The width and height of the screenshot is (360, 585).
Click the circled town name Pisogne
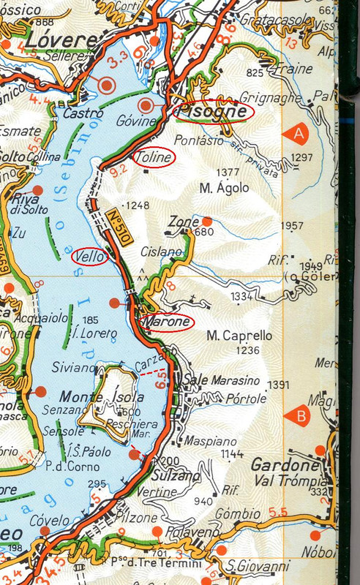[214, 111]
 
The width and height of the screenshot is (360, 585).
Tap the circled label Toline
[154, 157]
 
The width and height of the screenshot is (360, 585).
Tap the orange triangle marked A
[297, 133]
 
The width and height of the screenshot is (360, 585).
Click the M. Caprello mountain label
[239, 336]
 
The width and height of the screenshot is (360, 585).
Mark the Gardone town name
[285, 465]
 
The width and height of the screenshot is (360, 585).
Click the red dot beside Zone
[207, 221]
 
